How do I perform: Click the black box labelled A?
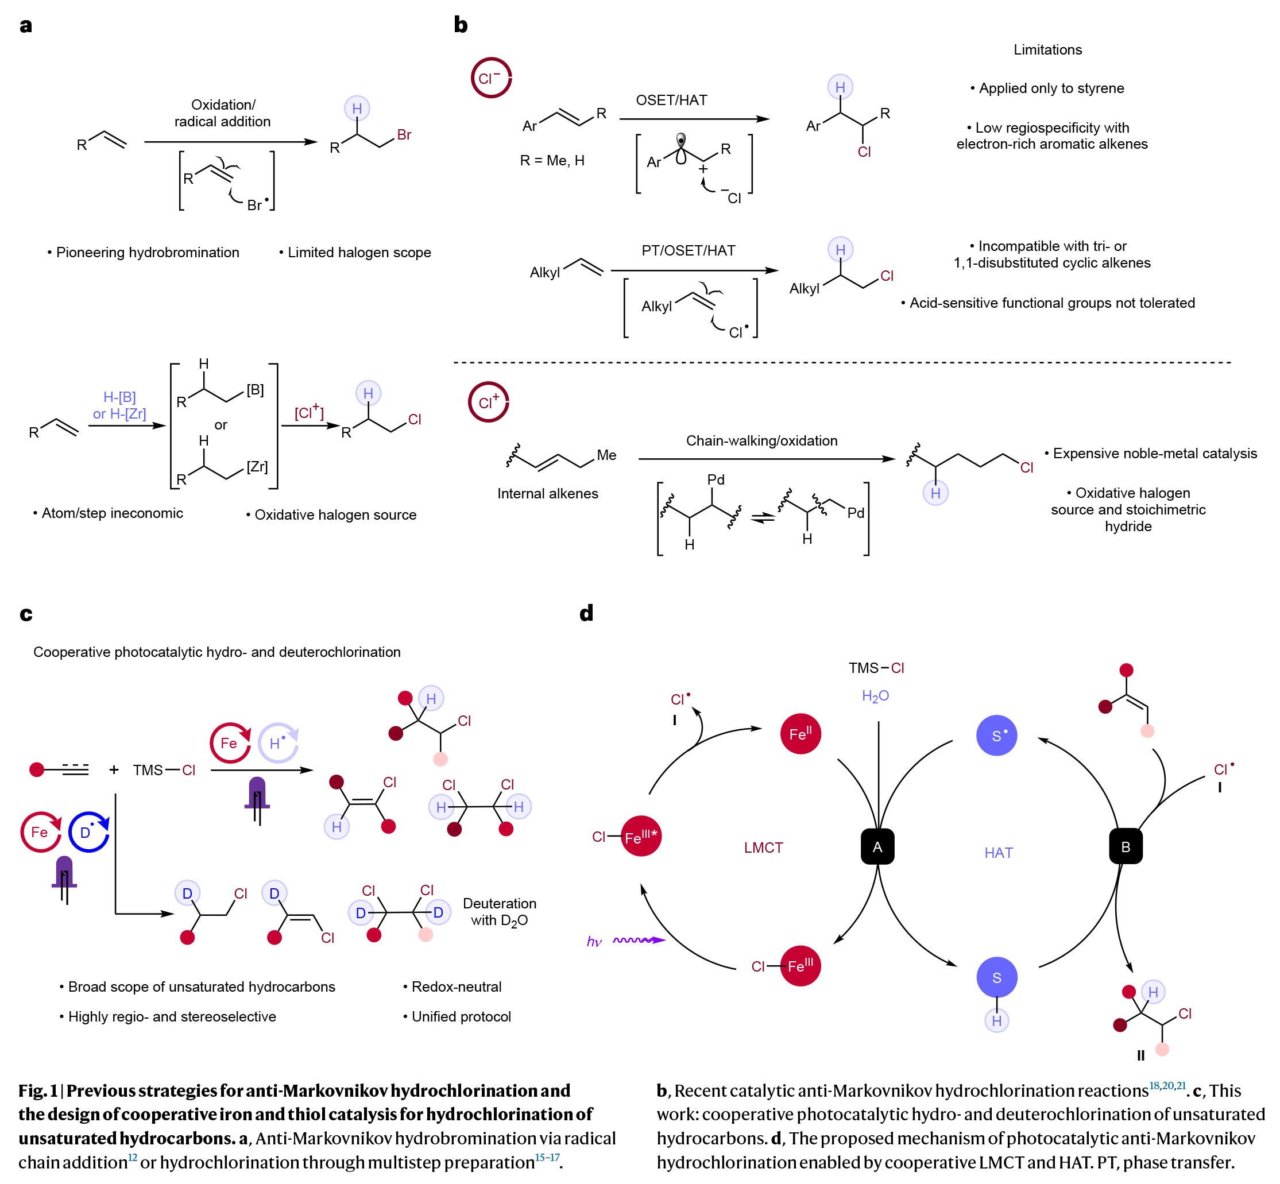point(877,846)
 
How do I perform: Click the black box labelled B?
point(1125,846)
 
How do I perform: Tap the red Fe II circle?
point(800,734)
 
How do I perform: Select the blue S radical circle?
point(996,736)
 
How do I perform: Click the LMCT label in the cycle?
point(763,848)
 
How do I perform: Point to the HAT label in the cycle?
point(998,853)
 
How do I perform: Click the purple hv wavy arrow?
point(638,940)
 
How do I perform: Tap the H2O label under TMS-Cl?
point(875,696)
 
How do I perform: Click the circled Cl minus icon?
point(491,78)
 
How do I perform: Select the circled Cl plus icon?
point(488,403)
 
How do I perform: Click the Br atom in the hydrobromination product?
point(404,134)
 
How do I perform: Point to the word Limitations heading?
point(1047,49)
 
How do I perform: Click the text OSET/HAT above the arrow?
point(671,100)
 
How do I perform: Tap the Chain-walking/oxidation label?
point(761,441)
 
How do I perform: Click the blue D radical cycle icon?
point(88,832)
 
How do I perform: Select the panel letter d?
point(586,613)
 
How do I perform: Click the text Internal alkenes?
point(548,493)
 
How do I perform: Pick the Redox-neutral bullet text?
point(456,986)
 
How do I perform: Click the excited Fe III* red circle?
point(641,836)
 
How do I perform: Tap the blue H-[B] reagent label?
point(120,397)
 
